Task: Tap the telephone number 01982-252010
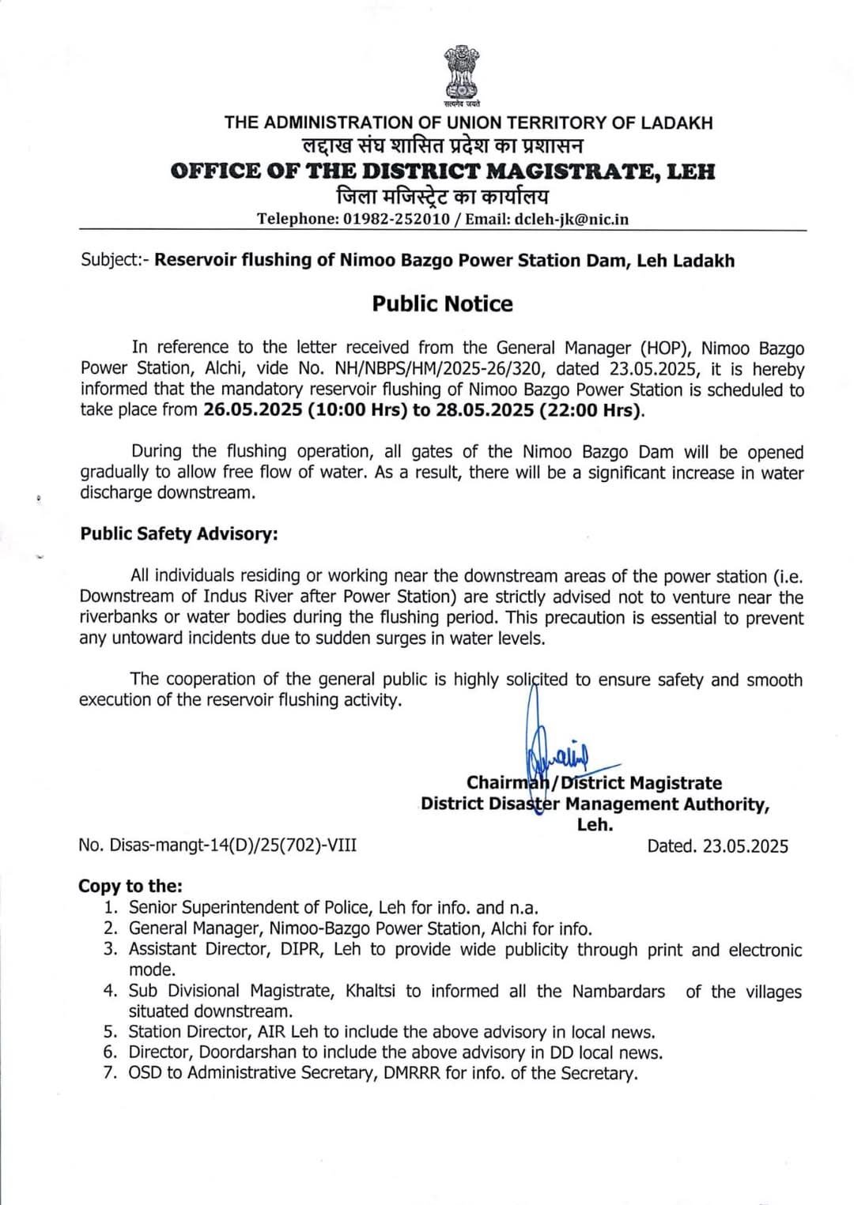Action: tap(396, 219)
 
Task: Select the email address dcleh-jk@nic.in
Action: tap(572, 219)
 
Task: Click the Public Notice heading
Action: tap(442, 304)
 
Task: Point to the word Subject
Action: tap(110, 261)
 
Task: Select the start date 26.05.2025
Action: tap(253, 410)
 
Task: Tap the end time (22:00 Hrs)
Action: tap(591, 410)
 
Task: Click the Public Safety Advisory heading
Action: tap(179, 534)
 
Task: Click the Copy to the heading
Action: tap(130, 887)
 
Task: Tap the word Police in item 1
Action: tap(347, 908)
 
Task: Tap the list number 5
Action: tap(110, 1032)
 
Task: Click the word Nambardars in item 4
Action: tap(618, 991)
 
